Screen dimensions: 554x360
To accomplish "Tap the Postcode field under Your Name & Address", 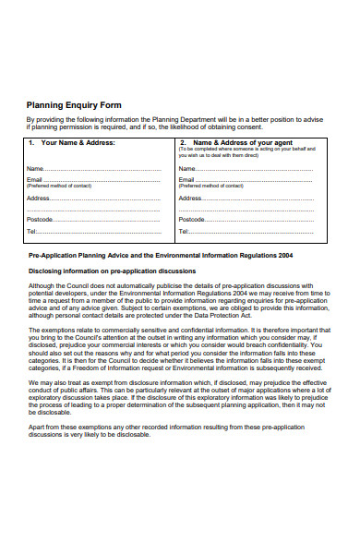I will (107, 219).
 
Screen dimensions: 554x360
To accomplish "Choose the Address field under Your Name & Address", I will (107, 199).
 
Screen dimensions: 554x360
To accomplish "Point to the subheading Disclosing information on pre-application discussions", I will (112, 271).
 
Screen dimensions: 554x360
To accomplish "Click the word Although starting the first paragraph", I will (42, 287).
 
